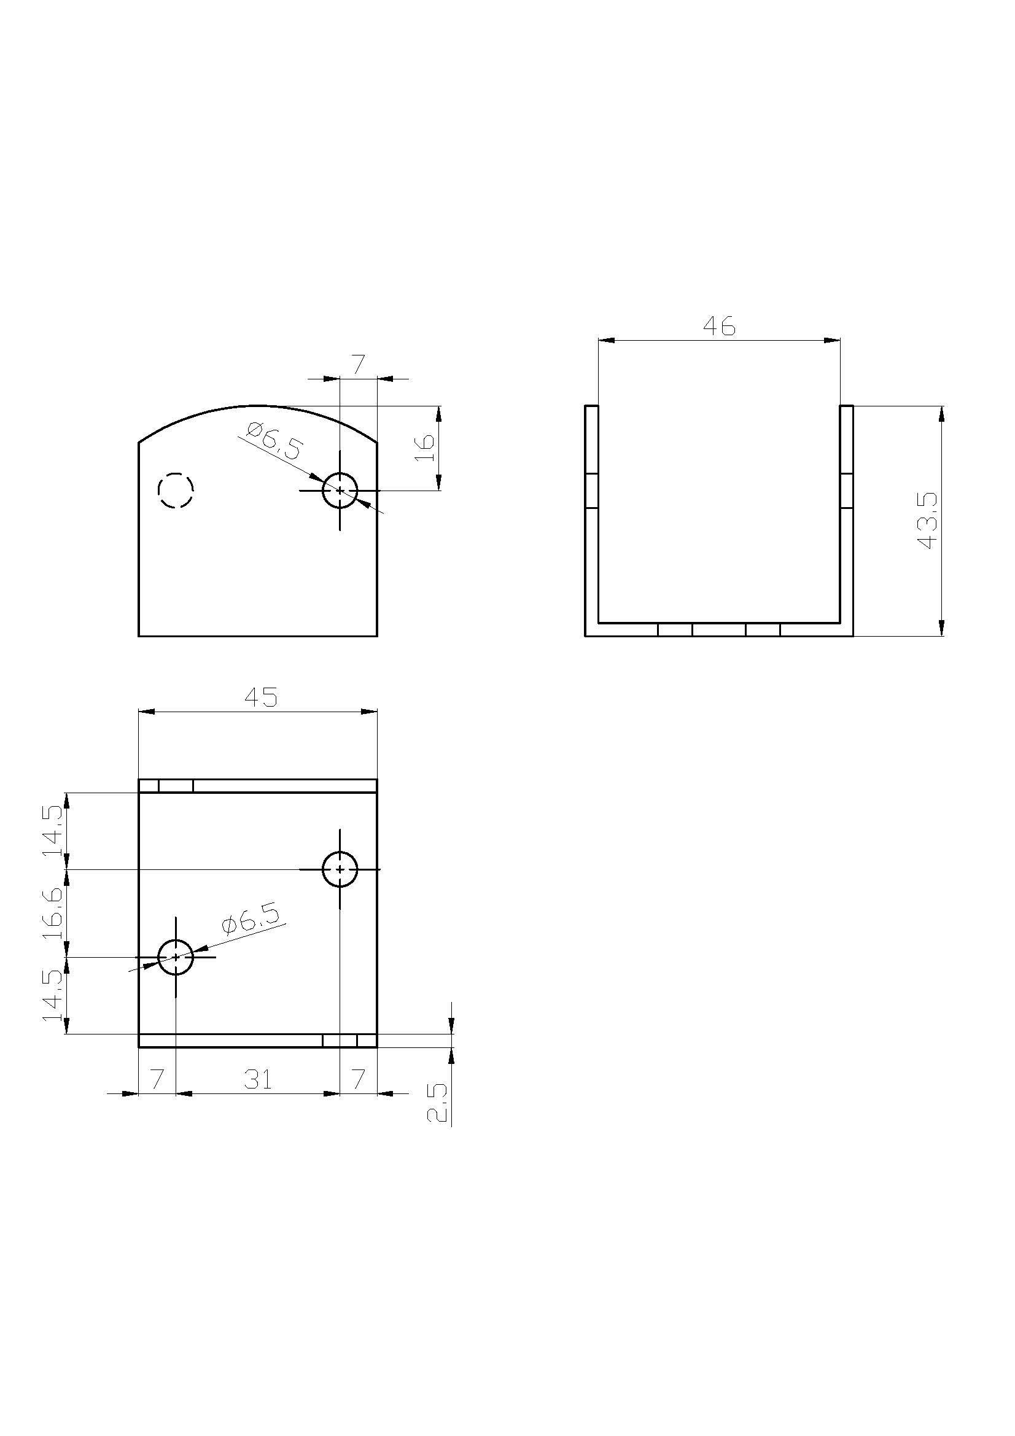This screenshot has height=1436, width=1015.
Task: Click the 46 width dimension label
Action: (x=719, y=326)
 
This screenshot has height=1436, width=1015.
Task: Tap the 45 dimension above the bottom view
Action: (x=262, y=697)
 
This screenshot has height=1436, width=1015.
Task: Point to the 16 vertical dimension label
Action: (x=426, y=448)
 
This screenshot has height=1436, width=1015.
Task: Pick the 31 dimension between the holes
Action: (x=258, y=1079)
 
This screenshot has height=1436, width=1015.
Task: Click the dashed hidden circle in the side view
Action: (x=176, y=490)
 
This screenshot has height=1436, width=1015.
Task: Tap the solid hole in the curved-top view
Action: (x=340, y=491)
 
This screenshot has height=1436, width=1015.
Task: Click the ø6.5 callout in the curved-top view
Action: (x=274, y=441)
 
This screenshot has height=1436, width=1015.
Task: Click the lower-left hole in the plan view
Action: (x=176, y=957)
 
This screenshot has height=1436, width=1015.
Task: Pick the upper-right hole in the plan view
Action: (x=340, y=869)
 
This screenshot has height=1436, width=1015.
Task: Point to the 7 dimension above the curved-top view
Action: (x=358, y=365)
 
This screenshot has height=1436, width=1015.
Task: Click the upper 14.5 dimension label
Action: (x=53, y=831)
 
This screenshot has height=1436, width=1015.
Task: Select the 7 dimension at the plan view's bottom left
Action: (x=157, y=1079)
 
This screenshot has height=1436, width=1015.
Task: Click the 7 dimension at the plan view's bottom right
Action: (x=358, y=1079)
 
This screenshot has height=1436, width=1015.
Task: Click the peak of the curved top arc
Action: (x=258, y=405)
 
